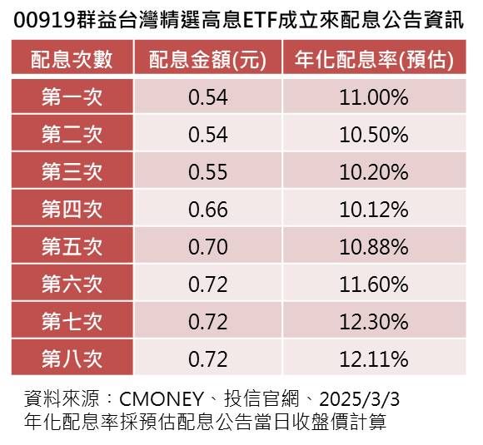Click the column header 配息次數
pos(71,60)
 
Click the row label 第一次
pos(71,97)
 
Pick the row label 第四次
pos(71,210)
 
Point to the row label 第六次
pos(71,284)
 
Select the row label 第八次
pos(71,359)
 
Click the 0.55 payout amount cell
pos(207,172)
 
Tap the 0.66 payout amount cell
pos(207,210)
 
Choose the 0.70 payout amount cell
pos(207,247)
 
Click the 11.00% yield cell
pos(373,97)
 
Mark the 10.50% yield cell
pos(373,135)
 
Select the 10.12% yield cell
pos(373,210)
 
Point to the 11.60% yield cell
pos(373,284)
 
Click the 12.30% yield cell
pos(373,322)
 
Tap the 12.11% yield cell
pos(373,359)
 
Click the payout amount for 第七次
pos(207,322)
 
